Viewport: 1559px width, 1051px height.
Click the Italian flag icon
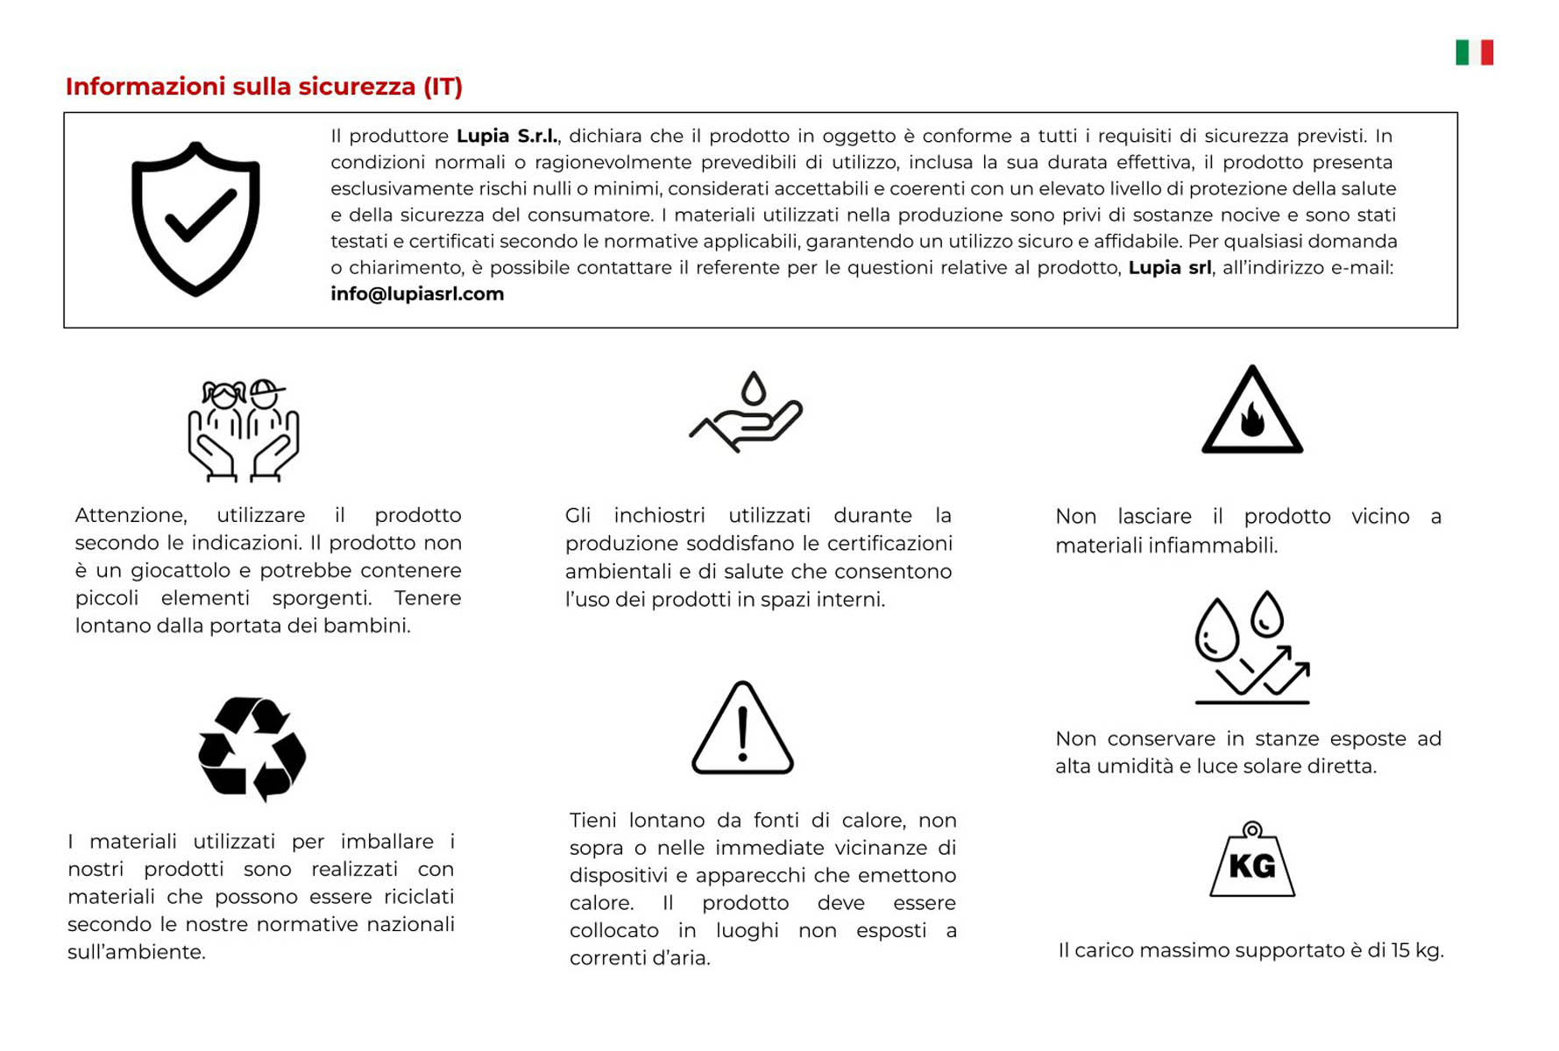1474,53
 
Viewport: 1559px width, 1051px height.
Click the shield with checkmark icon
195,219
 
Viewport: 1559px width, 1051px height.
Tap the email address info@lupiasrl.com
417,294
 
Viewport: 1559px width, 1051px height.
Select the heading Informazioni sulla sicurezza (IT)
264,87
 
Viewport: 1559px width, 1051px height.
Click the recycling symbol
252,749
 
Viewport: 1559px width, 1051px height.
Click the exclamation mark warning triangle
742,730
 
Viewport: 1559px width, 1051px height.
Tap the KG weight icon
1252,861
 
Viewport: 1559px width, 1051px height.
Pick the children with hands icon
244,430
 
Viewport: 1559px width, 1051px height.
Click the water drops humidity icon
1251,648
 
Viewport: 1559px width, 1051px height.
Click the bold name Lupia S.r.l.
507,137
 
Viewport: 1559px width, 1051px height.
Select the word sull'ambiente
136,952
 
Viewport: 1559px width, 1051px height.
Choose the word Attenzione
131,515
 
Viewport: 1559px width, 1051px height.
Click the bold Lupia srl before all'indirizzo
1169,268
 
